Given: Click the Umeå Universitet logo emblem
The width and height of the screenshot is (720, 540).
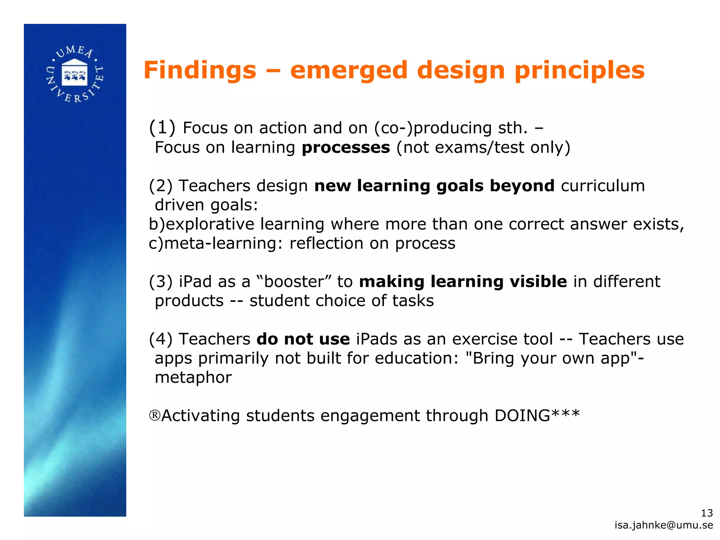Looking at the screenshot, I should pos(75,74).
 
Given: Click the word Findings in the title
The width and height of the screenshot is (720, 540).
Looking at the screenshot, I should pos(200,70).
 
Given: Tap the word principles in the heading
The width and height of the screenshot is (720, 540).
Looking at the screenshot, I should pos(579,70).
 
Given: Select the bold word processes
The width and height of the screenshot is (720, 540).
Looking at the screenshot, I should pos(346,148).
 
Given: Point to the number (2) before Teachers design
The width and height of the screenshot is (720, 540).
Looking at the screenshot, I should pos(161,186).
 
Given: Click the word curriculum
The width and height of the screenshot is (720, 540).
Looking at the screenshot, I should pos(603,186).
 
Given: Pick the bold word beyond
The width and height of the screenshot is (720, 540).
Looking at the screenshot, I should pos(522,186).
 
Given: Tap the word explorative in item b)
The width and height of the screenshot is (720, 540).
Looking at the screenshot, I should pos(210,224).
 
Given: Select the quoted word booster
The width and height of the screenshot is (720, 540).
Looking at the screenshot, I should pos(294,282).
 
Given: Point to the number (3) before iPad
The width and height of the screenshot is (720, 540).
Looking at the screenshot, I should pos(161,282).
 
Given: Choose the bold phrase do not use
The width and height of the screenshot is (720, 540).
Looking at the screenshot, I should pos(303,339).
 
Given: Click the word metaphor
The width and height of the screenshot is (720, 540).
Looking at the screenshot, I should pos(193,378).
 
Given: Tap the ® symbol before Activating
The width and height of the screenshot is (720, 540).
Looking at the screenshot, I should pos(155,416).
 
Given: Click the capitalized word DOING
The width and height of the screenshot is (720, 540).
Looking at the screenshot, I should pos(522,416).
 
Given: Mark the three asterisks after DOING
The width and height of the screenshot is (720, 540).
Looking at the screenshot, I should pos(566,413).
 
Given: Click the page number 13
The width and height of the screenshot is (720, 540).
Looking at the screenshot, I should pos(707,513).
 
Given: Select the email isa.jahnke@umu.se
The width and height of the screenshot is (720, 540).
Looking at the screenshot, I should pos(664,525).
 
